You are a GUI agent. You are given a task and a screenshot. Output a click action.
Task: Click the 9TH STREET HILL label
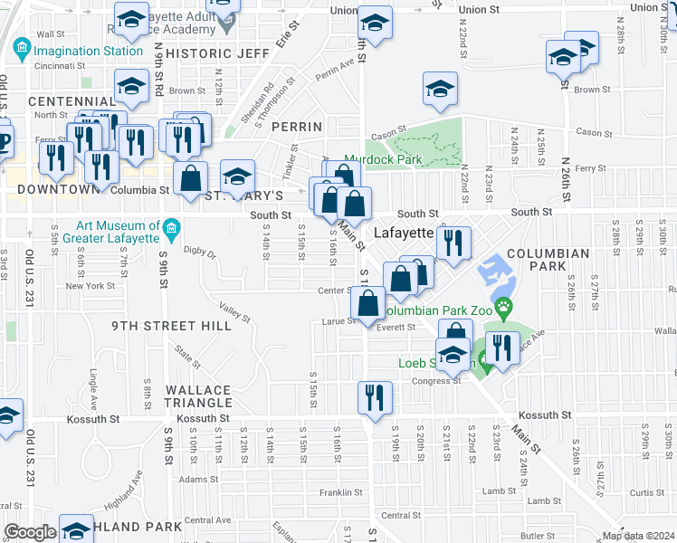click(x=171, y=326)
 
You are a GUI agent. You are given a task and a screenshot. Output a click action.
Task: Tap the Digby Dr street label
click(x=200, y=252)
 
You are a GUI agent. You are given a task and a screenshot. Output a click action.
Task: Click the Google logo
click(x=30, y=532)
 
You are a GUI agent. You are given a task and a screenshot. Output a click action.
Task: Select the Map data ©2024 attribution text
click(x=639, y=536)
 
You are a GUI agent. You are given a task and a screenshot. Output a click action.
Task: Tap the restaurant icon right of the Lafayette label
click(x=453, y=242)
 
